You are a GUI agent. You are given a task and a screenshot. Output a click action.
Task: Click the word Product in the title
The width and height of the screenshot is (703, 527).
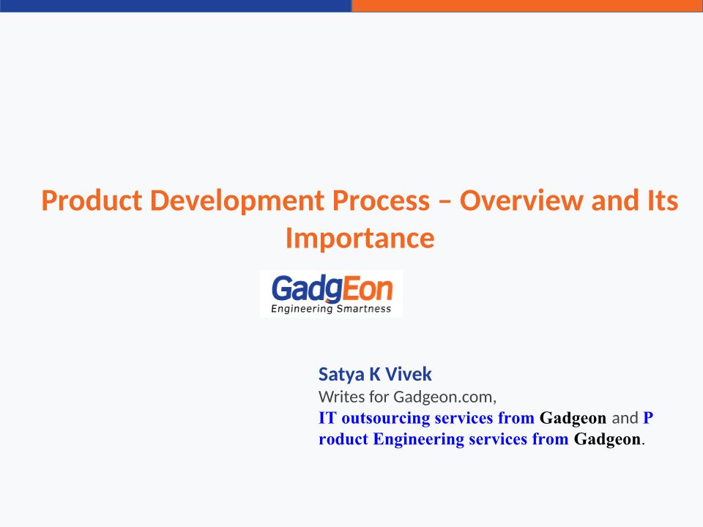coord(92,201)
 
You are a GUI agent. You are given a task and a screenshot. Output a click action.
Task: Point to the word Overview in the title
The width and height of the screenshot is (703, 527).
coord(521,201)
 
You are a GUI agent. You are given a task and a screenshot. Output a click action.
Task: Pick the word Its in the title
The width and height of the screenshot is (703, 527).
coord(663,201)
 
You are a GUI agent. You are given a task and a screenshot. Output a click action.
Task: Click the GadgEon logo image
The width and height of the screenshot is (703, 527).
coord(331,294)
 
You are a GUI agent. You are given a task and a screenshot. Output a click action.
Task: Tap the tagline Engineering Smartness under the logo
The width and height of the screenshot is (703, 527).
coord(331,309)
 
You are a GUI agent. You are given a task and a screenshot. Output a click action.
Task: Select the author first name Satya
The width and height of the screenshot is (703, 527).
coord(341,375)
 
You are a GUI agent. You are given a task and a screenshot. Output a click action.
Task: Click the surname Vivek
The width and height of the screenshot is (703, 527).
coord(409,374)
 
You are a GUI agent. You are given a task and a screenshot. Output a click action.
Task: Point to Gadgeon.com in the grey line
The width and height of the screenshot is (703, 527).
coord(445,397)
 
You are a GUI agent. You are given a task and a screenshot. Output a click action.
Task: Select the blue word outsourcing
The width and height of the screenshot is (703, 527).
coord(386,419)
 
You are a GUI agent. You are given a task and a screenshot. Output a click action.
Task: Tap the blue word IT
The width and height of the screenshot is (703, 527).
coord(327,418)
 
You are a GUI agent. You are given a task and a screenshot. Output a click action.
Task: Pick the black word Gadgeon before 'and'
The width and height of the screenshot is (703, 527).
coord(573,419)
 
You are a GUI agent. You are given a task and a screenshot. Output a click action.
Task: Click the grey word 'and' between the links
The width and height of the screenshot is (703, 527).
coord(625,418)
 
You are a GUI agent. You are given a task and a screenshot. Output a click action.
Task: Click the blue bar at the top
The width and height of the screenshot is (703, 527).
coord(176,6)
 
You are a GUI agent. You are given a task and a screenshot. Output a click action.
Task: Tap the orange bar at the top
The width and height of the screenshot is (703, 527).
coord(527,6)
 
